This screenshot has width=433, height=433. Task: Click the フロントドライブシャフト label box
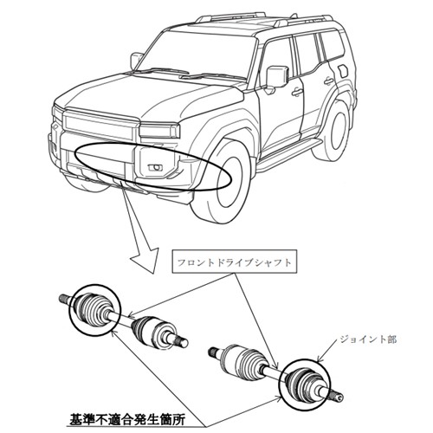click(x=235, y=262)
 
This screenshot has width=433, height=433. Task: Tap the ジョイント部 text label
click(x=368, y=339)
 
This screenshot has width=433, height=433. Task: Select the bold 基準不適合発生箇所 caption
click(x=127, y=419)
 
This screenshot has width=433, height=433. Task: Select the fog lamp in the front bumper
click(x=155, y=167)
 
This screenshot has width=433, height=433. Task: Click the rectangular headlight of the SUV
click(x=159, y=131)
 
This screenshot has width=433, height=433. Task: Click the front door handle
click(x=296, y=92)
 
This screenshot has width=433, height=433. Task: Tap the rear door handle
click(x=328, y=81)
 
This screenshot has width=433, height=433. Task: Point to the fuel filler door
click(x=343, y=71)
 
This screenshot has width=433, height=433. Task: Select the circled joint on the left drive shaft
click(x=94, y=310)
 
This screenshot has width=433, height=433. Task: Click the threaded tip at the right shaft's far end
click(x=338, y=397)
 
